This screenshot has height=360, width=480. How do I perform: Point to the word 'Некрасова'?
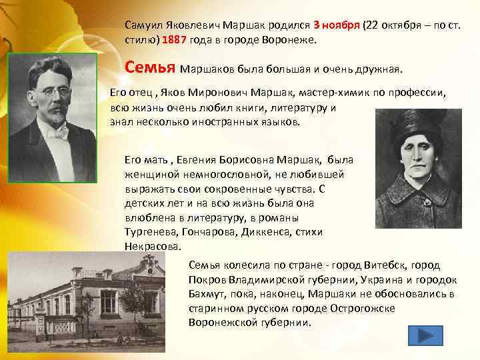point(151,245)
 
